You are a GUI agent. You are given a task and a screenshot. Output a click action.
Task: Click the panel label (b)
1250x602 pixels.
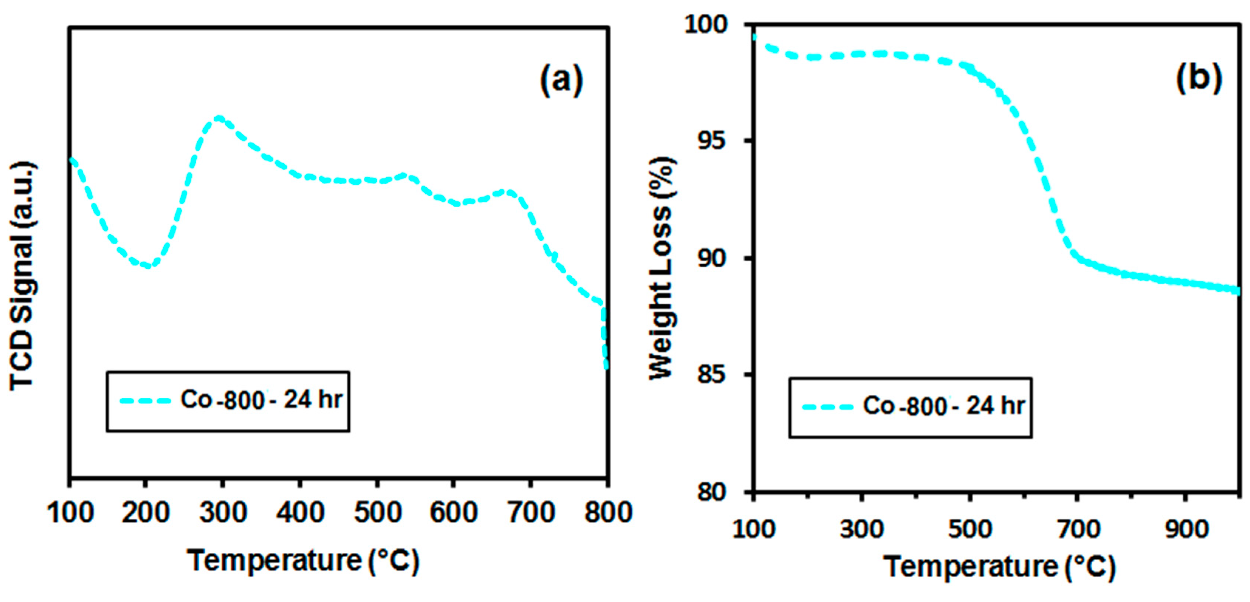[1198, 77]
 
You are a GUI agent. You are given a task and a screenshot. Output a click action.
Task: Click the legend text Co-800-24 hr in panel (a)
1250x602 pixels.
[261, 400]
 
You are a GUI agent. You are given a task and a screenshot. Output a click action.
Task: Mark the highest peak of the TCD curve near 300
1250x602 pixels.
[219, 118]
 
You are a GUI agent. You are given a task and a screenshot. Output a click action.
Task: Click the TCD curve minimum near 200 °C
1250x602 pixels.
[148, 265]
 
